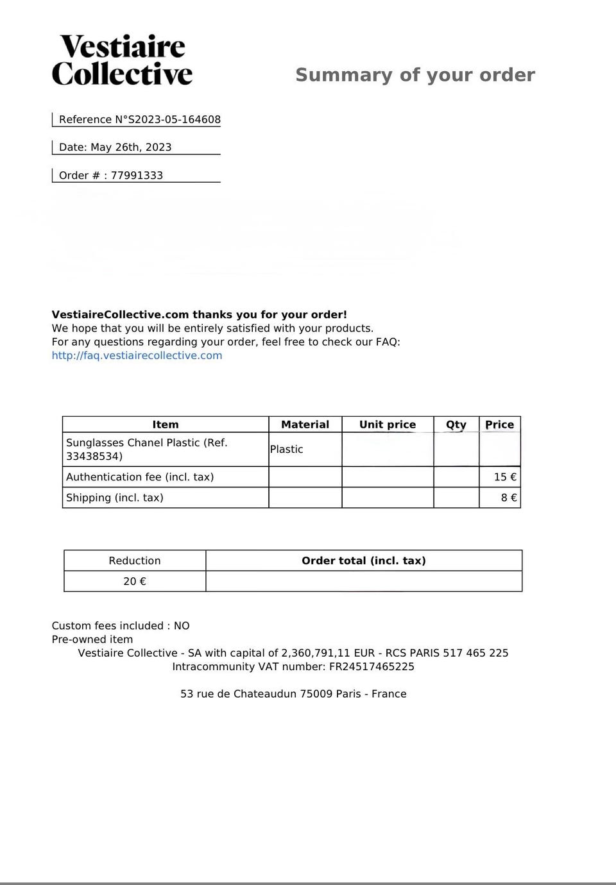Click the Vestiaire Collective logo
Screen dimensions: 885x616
coord(122,60)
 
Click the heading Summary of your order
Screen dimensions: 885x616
coord(415,75)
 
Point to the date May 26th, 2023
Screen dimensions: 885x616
coord(130,147)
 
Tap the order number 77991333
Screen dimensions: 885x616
coord(137,175)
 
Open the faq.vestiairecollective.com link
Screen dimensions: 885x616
coord(137,355)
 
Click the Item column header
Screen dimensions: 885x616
coord(166,425)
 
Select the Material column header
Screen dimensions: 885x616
coord(305,425)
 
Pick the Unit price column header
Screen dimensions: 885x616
coord(388,425)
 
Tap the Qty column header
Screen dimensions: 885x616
coord(456,425)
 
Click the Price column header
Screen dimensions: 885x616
coord(499,425)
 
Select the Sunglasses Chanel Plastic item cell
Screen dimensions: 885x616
coord(147,449)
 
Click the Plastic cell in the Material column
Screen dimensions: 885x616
coord(286,449)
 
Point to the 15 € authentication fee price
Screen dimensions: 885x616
coord(505,477)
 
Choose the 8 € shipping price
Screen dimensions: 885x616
coord(509,498)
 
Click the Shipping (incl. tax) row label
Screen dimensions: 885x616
coord(115,498)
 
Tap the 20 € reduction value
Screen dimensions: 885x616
coord(135,581)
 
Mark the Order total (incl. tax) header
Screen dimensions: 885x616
coord(364,560)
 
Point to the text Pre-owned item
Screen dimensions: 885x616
coord(92,639)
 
